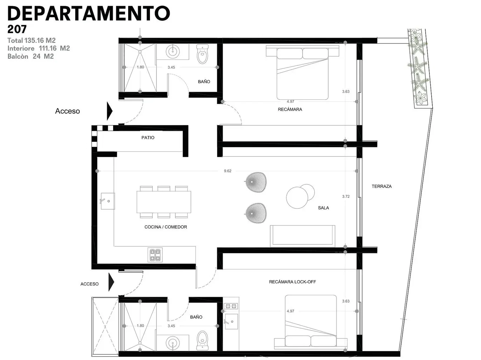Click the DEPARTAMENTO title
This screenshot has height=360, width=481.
89,13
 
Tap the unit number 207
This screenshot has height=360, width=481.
17,29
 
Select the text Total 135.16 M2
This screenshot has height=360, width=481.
31,40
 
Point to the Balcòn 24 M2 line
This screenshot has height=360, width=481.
30,56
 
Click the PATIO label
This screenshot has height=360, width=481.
148,138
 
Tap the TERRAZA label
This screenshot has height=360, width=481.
382,186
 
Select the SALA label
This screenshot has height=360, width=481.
324,208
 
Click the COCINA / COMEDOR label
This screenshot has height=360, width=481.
166,227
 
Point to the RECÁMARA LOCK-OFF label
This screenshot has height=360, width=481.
292,282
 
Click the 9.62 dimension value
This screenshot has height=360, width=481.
228,171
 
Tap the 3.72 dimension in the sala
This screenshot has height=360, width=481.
346,196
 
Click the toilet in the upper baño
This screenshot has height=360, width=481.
202,54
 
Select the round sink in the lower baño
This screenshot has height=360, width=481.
173,343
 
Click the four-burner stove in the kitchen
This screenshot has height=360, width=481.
155,255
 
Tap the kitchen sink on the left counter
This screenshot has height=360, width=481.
108,201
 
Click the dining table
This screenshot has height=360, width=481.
164,202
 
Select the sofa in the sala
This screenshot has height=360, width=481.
302,236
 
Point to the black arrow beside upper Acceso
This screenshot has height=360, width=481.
110,111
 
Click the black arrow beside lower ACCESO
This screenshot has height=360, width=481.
111,282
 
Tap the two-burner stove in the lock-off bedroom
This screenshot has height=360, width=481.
231,306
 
